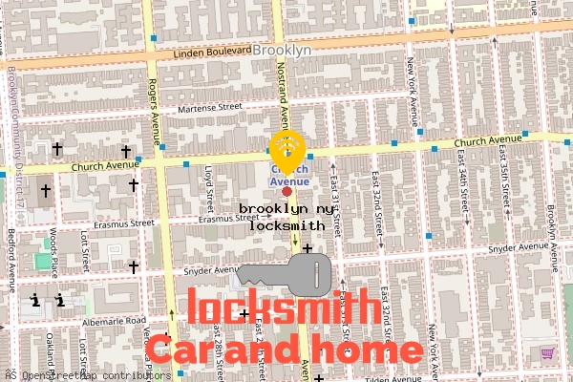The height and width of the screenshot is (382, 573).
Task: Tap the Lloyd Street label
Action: tap(209, 185)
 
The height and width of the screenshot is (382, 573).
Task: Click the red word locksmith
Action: tap(279, 308)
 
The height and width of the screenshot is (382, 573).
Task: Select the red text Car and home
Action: tap(284, 350)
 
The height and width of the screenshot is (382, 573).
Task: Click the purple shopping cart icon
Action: tap(548, 353)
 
